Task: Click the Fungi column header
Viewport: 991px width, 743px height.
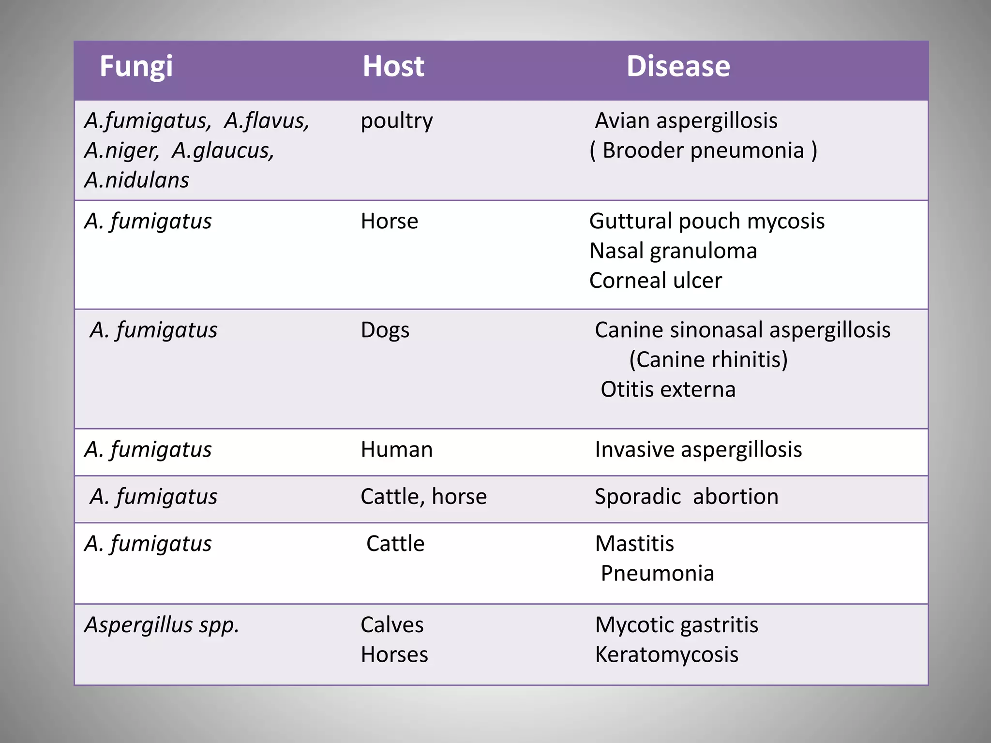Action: tap(136, 66)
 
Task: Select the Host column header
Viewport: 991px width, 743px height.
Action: tap(393, 66)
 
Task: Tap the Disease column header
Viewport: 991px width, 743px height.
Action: tap(678, 66)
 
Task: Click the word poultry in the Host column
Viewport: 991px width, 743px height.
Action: tap(396, 121)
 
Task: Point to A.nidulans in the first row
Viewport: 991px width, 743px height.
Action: tap(136, 180)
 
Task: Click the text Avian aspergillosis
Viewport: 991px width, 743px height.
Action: tap(686, 121)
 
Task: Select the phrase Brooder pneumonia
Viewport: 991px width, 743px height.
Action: tap(703, 150)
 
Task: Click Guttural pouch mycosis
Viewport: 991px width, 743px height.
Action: tap(706, 222)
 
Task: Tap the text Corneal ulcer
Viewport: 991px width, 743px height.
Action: tap(655, 281)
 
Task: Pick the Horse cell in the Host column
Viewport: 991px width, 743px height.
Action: tap(389, 222)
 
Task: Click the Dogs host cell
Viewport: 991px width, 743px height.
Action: tap(385, 330)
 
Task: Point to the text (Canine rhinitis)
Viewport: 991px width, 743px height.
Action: tap(708, 360)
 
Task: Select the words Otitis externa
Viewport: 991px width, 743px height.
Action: tap(668, 389)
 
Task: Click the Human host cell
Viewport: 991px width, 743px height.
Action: tap(396, 450)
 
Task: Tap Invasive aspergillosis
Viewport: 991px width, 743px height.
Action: tap(698, 450)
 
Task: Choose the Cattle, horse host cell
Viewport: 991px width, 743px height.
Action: tap(423, 497)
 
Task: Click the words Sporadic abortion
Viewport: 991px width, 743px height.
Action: tap(686, 497)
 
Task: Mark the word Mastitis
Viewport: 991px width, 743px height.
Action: tap(634, 544)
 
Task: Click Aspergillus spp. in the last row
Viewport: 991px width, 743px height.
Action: tap(162, 625)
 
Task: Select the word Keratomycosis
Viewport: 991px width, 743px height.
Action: tap(666, 655)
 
